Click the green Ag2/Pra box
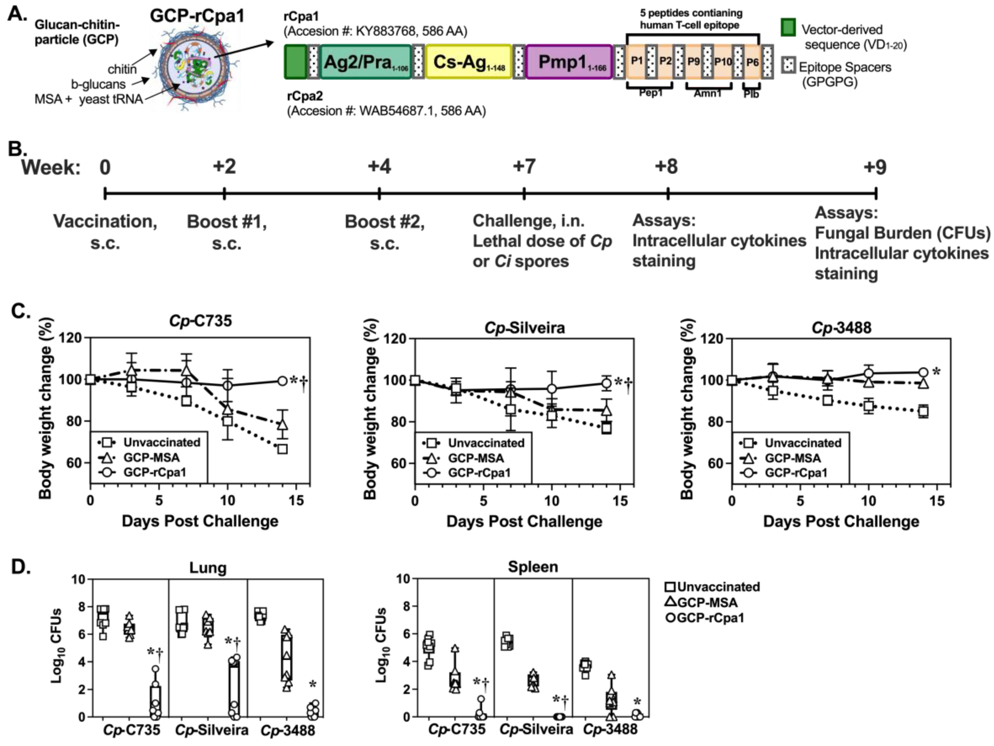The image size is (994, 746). [x=366, y=62]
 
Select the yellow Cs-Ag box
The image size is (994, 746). [x=468, y=62]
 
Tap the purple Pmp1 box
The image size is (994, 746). [x=569, y=62]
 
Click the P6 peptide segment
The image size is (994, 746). [x=752, y=62]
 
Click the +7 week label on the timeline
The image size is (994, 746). [x=524, y=167]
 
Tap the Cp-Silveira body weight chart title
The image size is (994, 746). [x=524, y=328]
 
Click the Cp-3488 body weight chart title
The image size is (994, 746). [x=841, y=328]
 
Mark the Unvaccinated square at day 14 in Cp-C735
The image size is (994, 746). [x=282, y=449]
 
